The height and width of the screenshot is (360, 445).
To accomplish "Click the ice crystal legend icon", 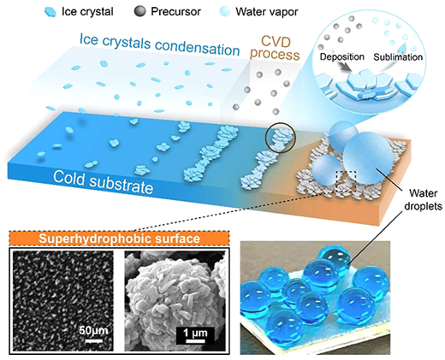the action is click(51, 12).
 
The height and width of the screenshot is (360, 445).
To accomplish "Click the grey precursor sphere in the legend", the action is click(139, 11).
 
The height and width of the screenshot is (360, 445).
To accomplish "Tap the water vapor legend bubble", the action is click(224, 11).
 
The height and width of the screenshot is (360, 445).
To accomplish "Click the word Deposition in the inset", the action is click(342, 56).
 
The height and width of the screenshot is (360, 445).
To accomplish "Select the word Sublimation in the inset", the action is click(398, 57).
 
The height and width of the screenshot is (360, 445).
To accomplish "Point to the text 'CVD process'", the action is click(275, 48).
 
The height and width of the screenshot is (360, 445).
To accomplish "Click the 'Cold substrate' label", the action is click(103, 182).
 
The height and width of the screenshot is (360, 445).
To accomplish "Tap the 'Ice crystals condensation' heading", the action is click(159, 44).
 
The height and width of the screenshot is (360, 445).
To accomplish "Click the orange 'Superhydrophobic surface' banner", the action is click(119, 239).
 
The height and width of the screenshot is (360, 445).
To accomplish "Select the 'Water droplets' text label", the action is click(424, 199).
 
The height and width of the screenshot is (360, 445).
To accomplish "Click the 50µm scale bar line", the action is click(94, 340).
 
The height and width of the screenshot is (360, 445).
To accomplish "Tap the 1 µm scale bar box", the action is click(195, 335).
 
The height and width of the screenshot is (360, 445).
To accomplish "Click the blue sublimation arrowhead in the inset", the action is click(402, 47).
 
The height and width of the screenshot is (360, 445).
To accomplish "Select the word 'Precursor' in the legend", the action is click(175, 12).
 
